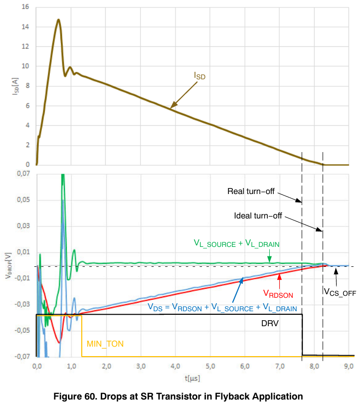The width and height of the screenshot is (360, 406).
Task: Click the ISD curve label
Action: click(199, 76)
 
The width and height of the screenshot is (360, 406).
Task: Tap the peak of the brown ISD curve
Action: click(59, 19)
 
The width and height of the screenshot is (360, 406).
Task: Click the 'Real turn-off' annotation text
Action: click(251, 191)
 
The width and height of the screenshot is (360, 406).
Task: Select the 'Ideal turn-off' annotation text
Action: click(258, 215)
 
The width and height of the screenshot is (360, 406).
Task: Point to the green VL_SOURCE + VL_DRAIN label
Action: click(236, 243)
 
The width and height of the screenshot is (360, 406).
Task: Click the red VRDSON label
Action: click(278, 294)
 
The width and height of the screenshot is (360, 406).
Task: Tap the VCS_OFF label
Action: click(340, 292)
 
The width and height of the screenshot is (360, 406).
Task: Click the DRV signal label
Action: click(270, 323)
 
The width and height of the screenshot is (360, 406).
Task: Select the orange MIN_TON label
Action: click(105, 344)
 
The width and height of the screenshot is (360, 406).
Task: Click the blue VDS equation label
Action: click(222, 307)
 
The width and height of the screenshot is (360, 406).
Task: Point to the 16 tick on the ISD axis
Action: click(25, 7)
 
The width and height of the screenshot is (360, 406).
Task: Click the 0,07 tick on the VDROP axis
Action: click(23, 174)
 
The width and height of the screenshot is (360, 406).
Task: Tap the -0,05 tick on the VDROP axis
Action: click(22, 330)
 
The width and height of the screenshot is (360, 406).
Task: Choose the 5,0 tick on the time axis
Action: click(210, 367)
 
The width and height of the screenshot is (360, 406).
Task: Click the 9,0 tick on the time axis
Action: click(349, 367)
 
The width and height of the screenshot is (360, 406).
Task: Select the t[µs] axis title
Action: click(192, 379)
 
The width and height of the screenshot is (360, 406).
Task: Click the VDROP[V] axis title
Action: click(8, 265)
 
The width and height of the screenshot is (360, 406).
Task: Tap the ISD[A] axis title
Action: click(15, 86)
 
